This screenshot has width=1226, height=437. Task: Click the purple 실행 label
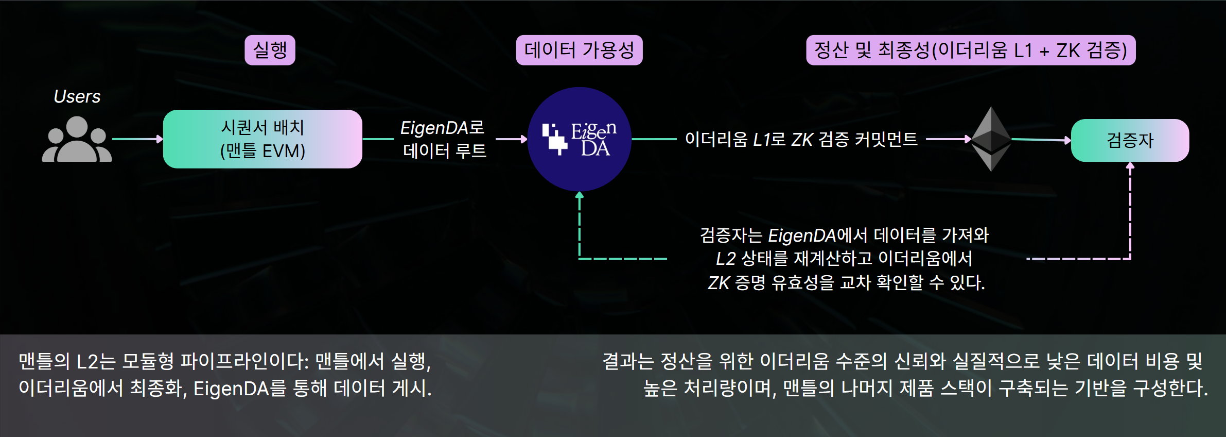(270, 50)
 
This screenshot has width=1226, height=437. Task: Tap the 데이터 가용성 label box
(579, 50)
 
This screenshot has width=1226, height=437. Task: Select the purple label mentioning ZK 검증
(970, 50)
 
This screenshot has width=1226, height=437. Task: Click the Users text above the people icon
(77, 96)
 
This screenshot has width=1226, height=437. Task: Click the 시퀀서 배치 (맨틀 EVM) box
(262, 139)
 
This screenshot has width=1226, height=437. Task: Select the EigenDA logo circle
(579, 139)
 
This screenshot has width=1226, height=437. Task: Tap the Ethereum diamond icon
(991, 139)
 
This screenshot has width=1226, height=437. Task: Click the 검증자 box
(1130, 140)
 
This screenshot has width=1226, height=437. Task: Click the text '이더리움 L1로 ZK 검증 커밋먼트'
(801, 139)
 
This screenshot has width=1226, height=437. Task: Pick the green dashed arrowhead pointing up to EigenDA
(580, 195)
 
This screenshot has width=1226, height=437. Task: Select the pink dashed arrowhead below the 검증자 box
(1130, 166)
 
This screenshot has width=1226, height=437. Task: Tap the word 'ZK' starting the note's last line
(719, 283)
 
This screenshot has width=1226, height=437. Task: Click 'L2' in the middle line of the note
(726, 258)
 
